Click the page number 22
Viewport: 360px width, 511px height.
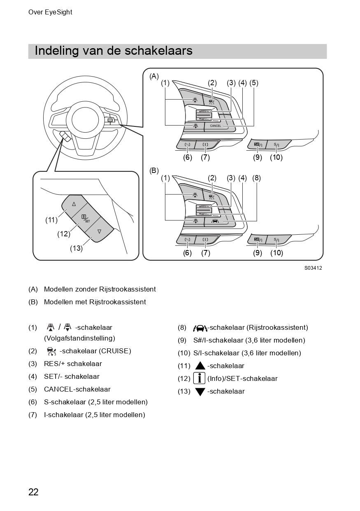33,492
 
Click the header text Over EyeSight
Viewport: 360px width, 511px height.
50,12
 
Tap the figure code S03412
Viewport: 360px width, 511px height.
313,268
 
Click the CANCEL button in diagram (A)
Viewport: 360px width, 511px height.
216,126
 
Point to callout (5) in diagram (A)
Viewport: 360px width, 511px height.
254,83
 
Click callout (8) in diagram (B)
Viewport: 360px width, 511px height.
257,178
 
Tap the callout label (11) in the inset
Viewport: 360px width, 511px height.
51,220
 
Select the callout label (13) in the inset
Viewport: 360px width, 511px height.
76,248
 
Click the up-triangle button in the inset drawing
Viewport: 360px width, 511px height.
74,204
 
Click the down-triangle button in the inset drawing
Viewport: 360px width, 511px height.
99,231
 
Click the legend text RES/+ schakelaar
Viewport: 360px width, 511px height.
73,364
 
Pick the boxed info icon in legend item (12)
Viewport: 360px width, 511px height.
199,378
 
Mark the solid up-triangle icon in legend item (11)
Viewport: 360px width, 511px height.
200,366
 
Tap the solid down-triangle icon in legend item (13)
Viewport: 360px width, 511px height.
200,392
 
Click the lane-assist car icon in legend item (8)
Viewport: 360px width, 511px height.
200,328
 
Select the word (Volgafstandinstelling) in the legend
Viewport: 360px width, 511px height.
79,338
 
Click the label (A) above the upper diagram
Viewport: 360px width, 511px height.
154,76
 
